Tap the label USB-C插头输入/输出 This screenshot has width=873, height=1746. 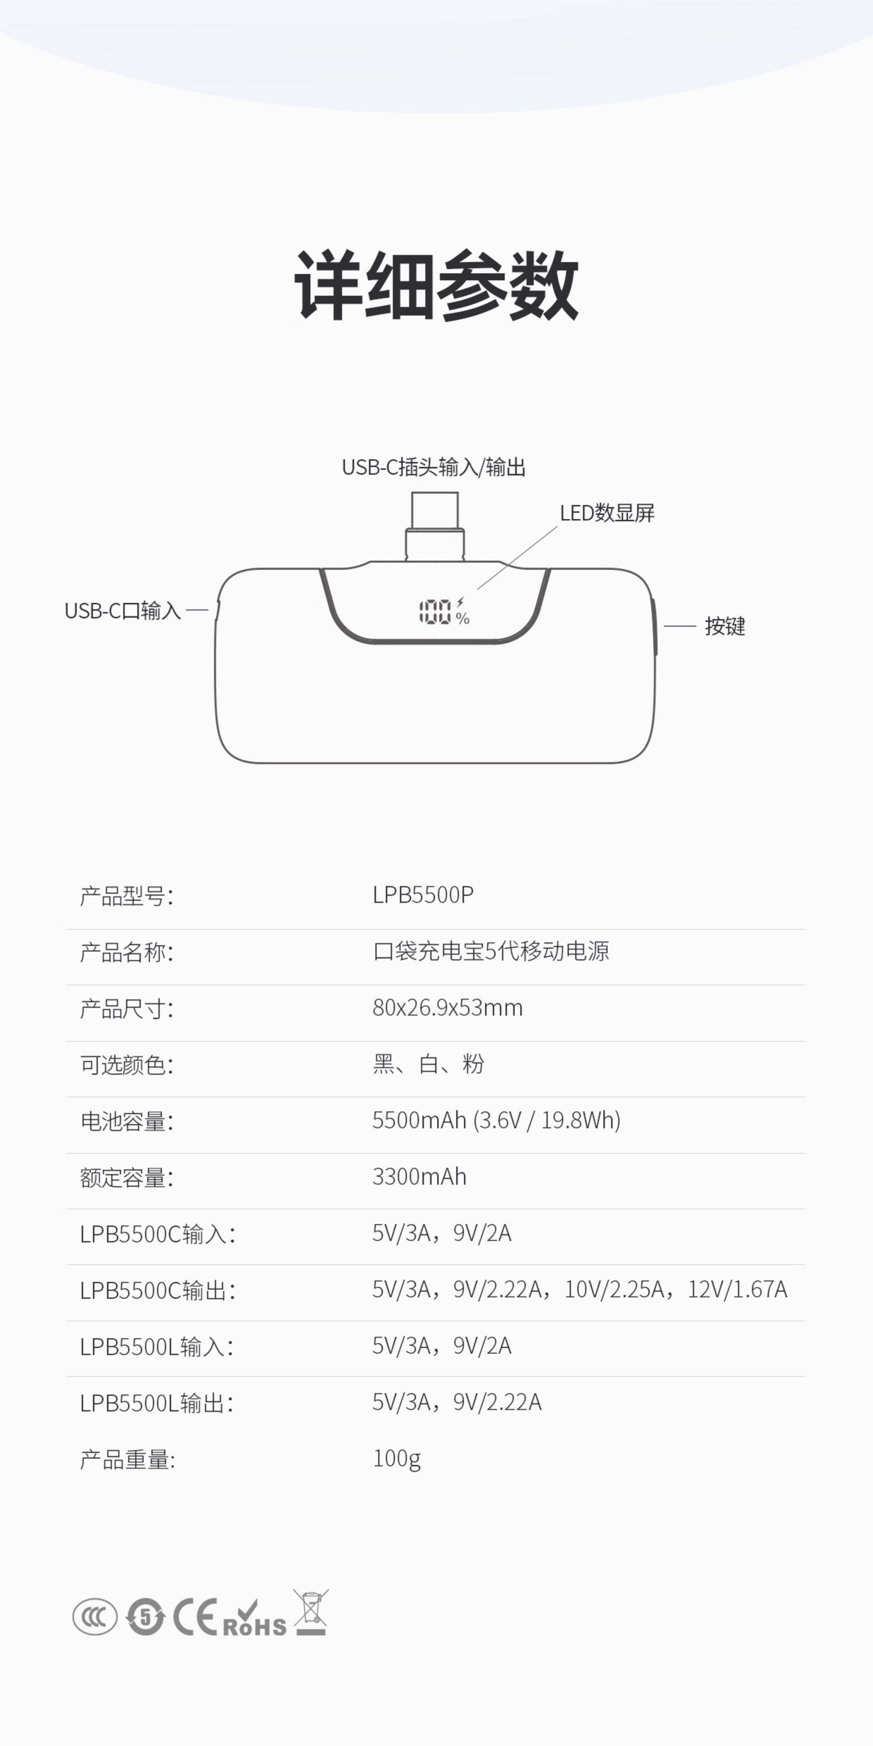click(434, 467)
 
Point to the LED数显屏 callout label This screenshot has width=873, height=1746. click(607, 513)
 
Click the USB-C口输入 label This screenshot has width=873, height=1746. click(123, 611)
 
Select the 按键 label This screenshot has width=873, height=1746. click(725, 626)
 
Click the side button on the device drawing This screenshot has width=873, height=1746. click(655, 627)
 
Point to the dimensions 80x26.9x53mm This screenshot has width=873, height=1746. click(447, 1008)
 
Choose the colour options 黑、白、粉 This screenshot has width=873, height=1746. click(428, 1064)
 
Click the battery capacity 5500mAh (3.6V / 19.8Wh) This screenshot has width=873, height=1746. click(496, 1120)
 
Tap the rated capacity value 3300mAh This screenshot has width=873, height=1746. click(420, 1177)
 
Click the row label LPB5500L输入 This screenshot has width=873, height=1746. click(156, 1346)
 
